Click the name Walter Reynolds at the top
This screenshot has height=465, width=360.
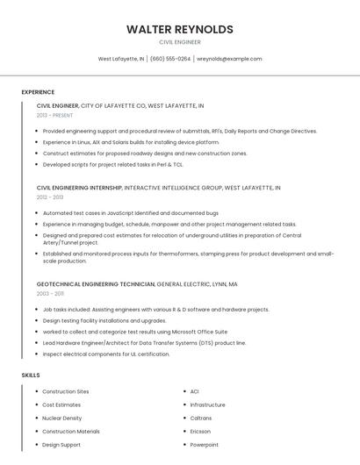179,29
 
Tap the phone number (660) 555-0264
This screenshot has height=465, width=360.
170,59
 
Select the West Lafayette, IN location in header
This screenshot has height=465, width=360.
121,59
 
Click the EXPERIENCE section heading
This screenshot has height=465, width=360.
38,92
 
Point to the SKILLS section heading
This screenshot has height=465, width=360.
31,375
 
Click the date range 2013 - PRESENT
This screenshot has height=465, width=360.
55,115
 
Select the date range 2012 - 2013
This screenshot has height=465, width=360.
50,197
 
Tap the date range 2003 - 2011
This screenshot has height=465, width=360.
50,294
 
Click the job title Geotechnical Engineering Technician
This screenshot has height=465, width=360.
96,284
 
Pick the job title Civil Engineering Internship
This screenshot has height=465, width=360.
79,188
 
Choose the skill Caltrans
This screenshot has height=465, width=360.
201,418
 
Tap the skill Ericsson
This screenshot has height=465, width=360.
201,432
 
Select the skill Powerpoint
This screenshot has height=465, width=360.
205,445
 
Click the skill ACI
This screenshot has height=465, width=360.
195,391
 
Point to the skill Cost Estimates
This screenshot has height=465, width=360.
61,405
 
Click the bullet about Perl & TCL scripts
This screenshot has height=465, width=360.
112,164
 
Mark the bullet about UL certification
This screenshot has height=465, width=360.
105,354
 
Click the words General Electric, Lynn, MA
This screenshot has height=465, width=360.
198,284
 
